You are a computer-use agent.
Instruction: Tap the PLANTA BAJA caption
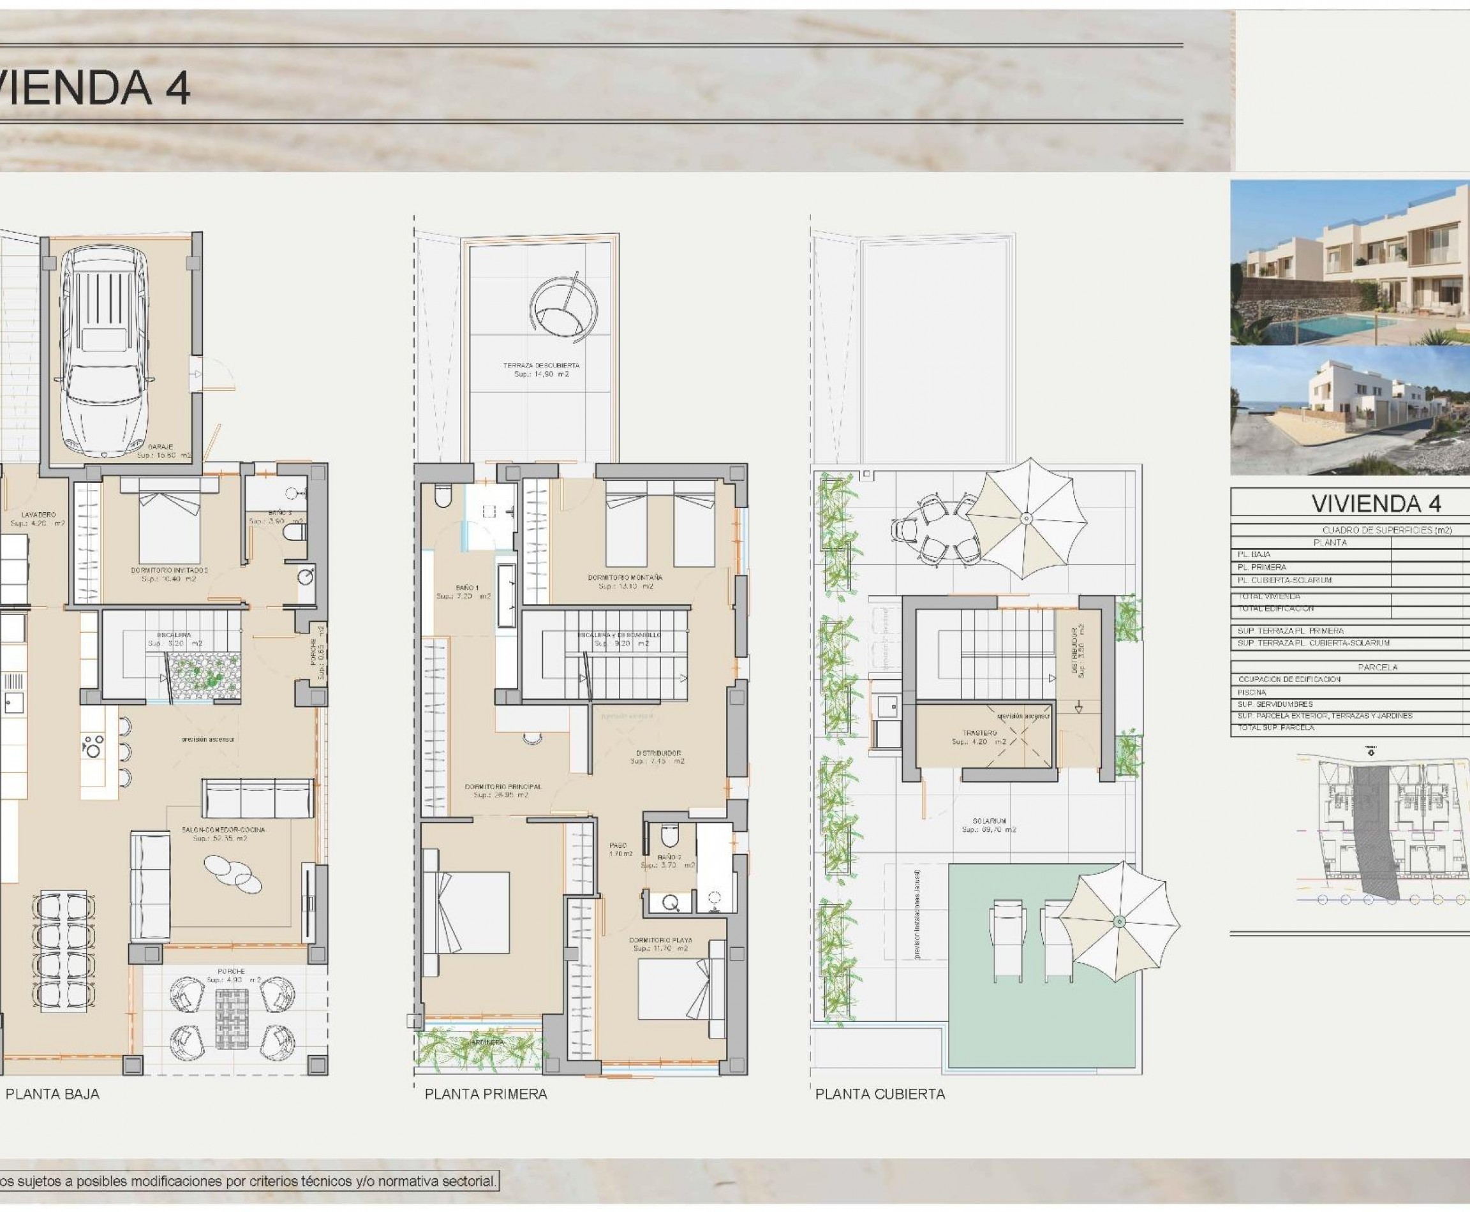[x=52, y=1094]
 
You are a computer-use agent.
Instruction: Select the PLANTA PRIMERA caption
[x=486, y=1094]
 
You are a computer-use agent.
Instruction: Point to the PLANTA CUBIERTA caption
[x=880, y=1094]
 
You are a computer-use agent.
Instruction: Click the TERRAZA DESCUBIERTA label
[x=541, y=365]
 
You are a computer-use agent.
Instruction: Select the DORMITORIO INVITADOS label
[x=169, y=570]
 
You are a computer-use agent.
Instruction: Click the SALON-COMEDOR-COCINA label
[x=223, y=830]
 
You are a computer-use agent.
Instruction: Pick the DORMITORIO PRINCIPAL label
[x=503, y=787]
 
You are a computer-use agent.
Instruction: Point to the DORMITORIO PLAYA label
[x=660, y=940]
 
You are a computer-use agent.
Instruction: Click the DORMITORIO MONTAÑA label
[x=625, y=577]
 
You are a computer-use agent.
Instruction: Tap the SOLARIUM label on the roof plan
[x=989, y=822]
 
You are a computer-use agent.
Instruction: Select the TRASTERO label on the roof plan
[x=979, y=733]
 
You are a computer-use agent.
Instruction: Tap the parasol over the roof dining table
[x=1026, y=518]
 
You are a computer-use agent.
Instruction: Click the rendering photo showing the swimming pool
[x=1349, y=263]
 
